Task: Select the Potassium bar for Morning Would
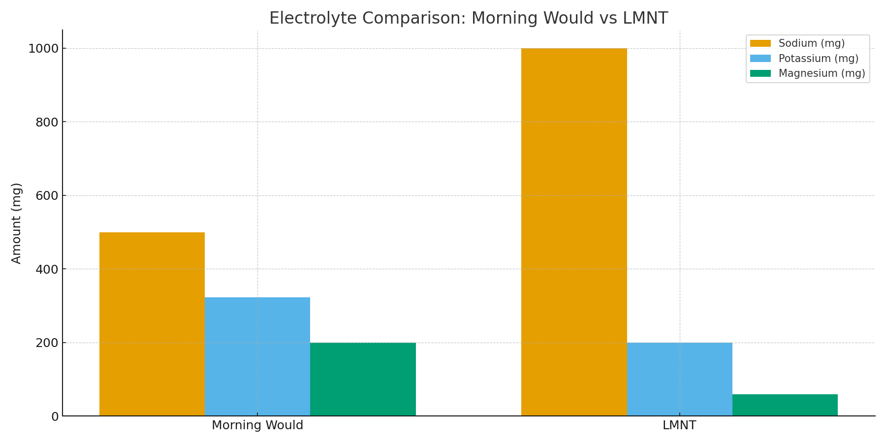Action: coord(257,356)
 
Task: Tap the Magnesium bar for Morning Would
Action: coord(363,379)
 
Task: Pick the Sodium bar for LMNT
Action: coord(574,232)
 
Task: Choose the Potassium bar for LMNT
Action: coord(679,379)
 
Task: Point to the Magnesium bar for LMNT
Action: coord(785,405)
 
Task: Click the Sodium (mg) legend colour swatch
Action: coord(760,44)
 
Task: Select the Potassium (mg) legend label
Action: coord(818,59)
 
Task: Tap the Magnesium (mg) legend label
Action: coord(822,73)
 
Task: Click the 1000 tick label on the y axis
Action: coord(43,49)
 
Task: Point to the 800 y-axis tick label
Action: coord(47,123)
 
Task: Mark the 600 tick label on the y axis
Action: coord(47,196)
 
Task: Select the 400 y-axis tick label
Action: coord(47,270)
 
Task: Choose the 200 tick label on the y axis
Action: coord(47,343)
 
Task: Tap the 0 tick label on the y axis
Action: coord(55,417)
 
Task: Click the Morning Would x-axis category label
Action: coord(257,425)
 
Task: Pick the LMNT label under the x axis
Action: coord(679,425)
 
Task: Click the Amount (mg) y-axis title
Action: coord(17,223)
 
